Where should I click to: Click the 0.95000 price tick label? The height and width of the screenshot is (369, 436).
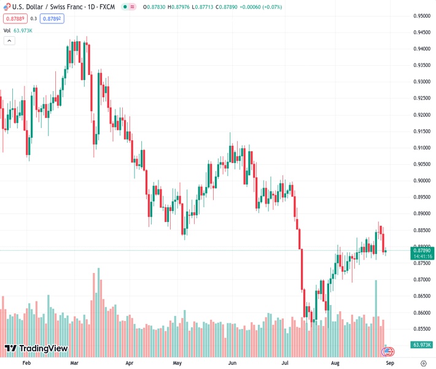coord(421,15)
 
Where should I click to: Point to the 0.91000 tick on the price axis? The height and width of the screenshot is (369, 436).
coord(421,148)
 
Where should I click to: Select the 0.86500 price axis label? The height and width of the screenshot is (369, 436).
coord(421,296)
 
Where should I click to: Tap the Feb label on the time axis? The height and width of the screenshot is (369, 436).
coord(26,363)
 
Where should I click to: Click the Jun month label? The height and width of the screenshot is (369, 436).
coord(232,363)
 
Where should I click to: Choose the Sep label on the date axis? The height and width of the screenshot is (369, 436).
coord(389,363)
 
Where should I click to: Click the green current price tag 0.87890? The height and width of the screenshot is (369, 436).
coord(423,250)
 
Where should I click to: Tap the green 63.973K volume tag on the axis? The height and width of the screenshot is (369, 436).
coord(422,345)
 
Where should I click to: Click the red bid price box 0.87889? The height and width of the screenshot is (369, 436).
coord(15,18)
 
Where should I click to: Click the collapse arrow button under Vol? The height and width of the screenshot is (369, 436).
coord(9,41)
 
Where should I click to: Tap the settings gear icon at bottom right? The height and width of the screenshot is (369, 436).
coord(423,363)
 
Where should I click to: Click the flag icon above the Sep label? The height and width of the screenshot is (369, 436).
coord(387,352)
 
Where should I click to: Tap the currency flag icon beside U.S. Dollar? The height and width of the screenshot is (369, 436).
coord(7,7)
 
